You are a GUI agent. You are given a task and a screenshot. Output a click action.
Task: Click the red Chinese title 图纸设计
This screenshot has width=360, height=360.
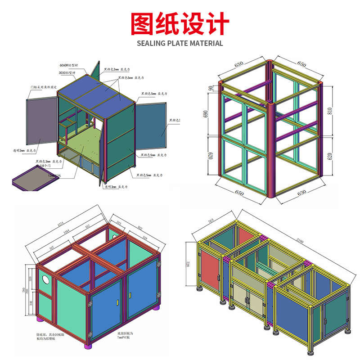(180, 23)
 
